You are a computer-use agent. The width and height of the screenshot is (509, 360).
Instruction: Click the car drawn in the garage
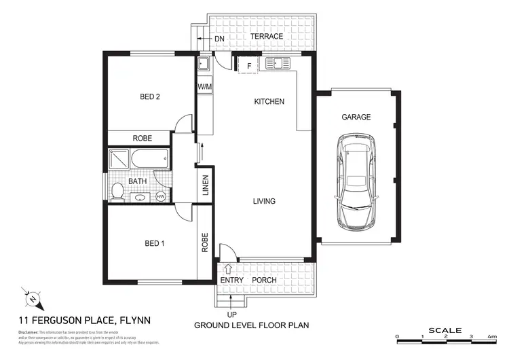pyautogui.click(x=356, y=182)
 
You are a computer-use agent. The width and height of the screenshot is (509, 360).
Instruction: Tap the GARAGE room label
pyautogui.click(x=356, y=117)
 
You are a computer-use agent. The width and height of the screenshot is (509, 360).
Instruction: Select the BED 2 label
pyautogui.click(x=149, y=97)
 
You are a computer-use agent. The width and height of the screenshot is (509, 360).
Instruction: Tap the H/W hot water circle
pyautogui.click(x=161, y=196)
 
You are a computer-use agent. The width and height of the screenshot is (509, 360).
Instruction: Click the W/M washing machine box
pyautogui.click(x=204, y=87)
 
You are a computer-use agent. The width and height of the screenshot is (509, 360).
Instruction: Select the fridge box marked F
pyautogui.click(x=248, y=65)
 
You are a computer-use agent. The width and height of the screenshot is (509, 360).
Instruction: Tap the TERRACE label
pyautogui.click(x=267, y=36)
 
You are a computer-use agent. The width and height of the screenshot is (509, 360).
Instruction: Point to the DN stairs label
pyautogui.click(x=219, y=39)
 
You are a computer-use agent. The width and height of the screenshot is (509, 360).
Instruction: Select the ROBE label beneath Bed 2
pyautogui.click(x=141, y=138)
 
